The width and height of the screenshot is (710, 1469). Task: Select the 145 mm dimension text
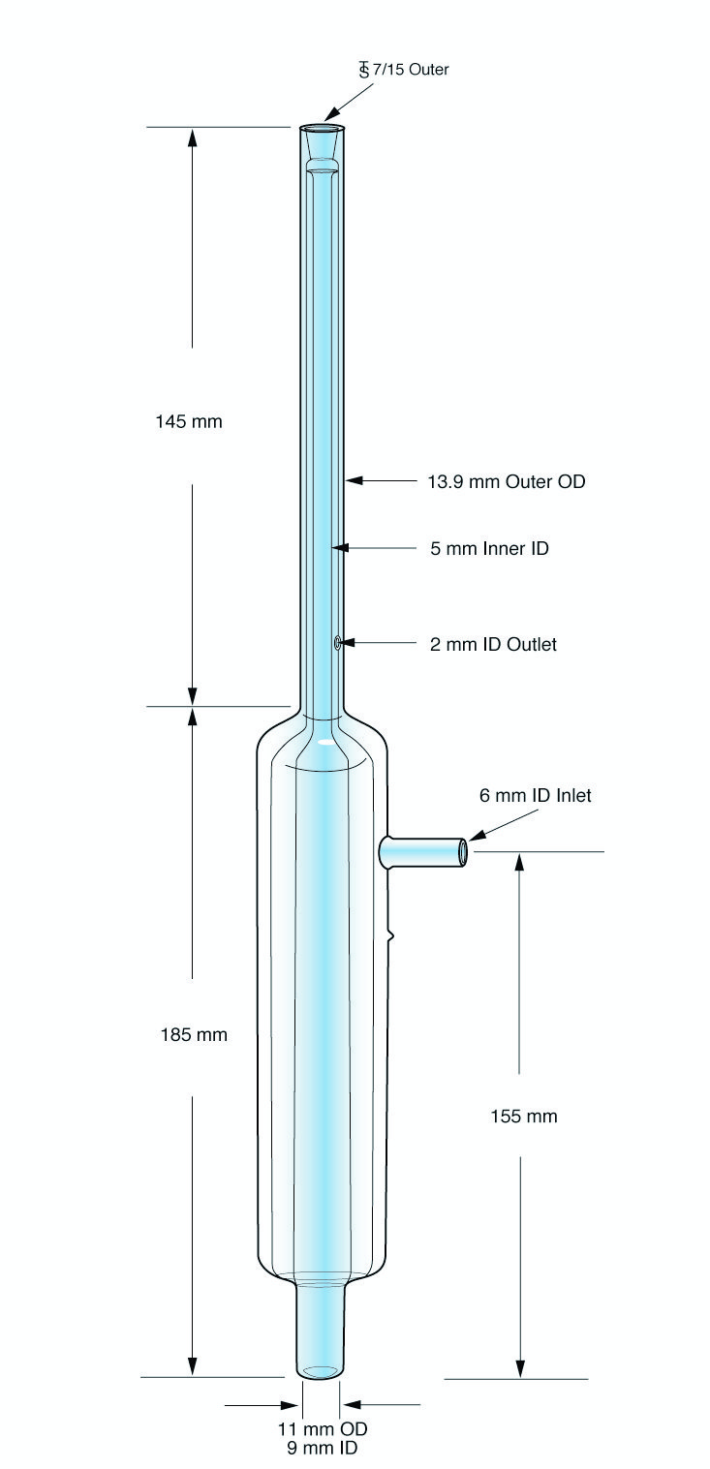[x=189, y=421]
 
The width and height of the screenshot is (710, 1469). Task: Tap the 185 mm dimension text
[x=194, y=1034]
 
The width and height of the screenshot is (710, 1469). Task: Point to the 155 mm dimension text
[x=523, y=1116]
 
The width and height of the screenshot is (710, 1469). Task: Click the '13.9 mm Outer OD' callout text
[x=506, y=480]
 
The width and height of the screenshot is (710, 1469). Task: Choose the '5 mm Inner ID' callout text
[x=489, y=548]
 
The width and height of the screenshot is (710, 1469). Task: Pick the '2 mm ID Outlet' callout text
[x=493, y=643]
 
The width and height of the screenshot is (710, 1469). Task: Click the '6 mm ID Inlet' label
[x=535, y=795]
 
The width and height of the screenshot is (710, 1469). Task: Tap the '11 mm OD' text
[x=323, y=1428]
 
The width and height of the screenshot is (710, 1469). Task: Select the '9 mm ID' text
[x=323, y=1448]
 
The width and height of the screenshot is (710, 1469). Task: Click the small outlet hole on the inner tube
[x=337, y=642]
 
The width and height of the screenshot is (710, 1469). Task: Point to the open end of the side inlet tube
[x=463, y=851]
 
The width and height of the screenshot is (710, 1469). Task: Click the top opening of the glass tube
[x=322, y=128]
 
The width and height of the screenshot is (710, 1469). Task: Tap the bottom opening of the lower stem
[x=321, y=1371]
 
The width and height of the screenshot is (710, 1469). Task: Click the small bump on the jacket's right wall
[x=390, y=935]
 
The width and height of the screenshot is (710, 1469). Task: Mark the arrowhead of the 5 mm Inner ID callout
[x=338, y=548]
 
